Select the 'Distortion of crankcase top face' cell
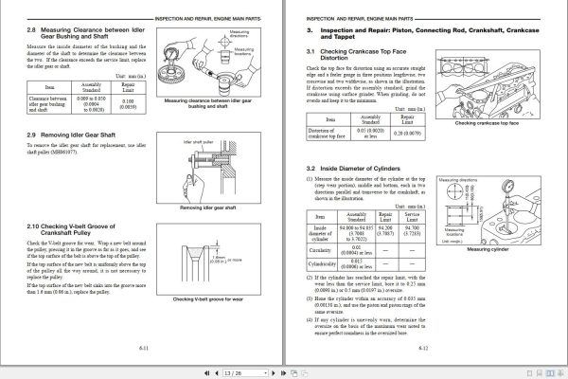pos(331,134)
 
